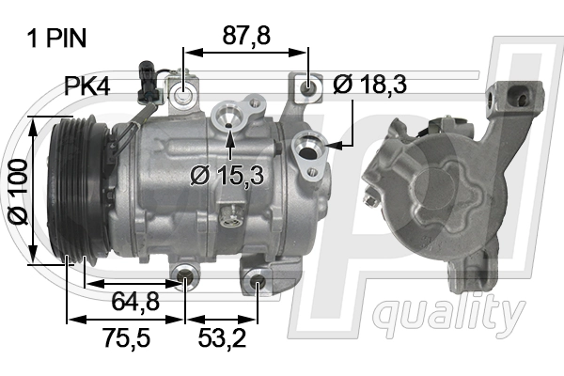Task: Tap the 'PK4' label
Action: click(86, 87)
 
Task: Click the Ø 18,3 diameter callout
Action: click(369, 85)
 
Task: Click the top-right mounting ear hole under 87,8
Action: click(307, 90)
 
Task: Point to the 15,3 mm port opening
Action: click(228, 118)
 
